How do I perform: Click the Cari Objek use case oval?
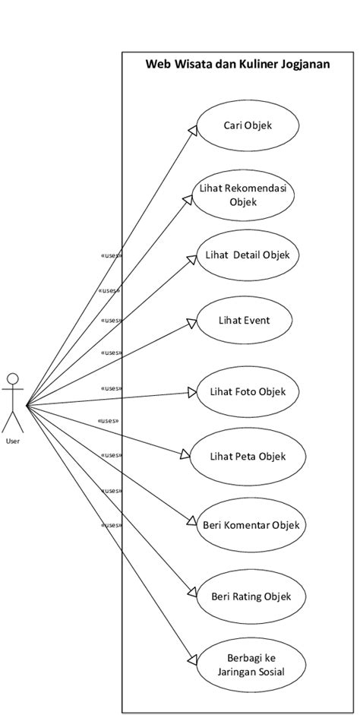point(248,125)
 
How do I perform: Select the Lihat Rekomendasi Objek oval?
point(248,195)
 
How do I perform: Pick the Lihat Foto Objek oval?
point(248,392)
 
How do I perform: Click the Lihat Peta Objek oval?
point(248,456)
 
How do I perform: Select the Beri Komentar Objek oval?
point(250,524)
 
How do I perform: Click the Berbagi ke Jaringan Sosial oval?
point(250,666)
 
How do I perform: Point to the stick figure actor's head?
point(12,379)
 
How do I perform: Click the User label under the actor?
point(13,440)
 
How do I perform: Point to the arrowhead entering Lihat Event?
point(192,324)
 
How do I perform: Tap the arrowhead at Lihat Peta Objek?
point(186,454)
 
